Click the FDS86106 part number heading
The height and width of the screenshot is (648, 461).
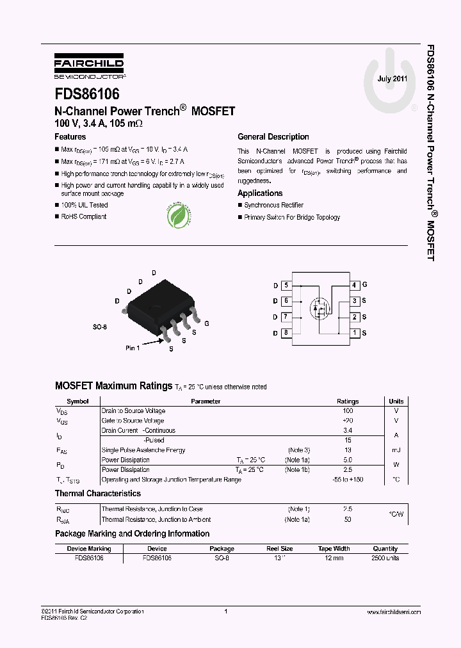pos(87,94)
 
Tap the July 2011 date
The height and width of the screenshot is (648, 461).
pos(392,79)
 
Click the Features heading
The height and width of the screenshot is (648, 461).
pos(70,137)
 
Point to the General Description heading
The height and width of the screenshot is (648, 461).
pos(273,137)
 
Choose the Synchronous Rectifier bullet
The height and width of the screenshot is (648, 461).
pos(273,206)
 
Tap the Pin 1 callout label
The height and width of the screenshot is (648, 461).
pos(133,348)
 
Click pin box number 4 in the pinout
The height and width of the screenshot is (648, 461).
pos(354,285)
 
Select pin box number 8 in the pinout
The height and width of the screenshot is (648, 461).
pos(286,333)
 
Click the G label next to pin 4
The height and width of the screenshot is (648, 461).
pos(364,285)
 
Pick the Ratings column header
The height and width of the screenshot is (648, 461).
pos(348,401)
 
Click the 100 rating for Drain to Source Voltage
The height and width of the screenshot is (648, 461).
pos(348,411)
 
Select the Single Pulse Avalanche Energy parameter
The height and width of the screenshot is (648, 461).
pos(143,450)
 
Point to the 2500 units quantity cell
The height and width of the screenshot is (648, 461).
pos(385,558)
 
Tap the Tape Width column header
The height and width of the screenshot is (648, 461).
pos(334,549)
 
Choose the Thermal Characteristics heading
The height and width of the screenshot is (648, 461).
pos(98,494)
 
